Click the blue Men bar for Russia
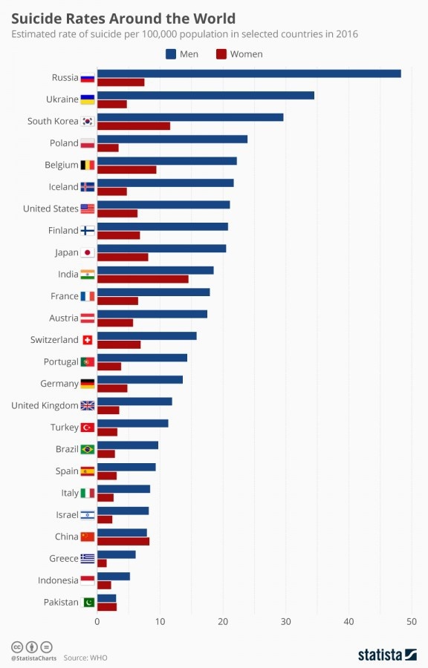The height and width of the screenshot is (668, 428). pos(249,73)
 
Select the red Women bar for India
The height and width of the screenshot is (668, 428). pos(143,279)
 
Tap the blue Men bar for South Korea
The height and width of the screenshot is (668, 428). pos(190,117)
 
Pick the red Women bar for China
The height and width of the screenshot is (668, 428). pos(123,541)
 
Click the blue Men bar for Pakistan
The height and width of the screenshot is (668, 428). pos(106,597)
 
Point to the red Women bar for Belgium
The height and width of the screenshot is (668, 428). pos(126,170)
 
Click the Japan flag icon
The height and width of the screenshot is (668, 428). pos(88,252)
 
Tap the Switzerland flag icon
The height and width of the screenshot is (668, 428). pos(88,340)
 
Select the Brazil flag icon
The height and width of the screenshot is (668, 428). pos(88,449)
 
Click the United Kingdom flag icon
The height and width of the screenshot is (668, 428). pos(88,405)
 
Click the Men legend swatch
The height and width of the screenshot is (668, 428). pos(170,53)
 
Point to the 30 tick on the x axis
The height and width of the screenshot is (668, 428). pos(285,620)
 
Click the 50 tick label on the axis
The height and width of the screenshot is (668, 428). pos(411,620)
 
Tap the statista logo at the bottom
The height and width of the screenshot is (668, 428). pos(387,654)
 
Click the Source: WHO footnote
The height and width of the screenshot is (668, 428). pos(86,658)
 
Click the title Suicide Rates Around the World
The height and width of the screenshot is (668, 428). pos(123,18)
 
